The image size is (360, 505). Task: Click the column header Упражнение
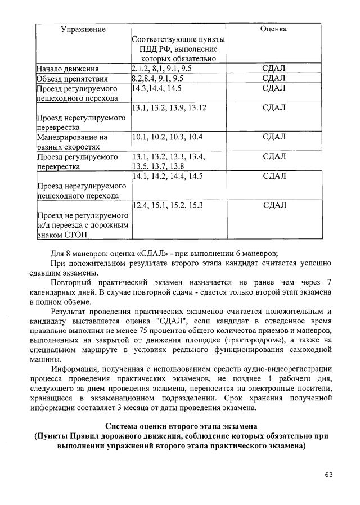[83, 29]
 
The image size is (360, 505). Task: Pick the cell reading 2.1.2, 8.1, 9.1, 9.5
[162, 69]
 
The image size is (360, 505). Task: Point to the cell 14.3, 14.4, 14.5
[157, 88]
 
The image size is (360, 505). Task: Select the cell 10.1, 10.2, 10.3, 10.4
[167, 137]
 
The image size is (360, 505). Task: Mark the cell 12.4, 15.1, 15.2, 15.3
[167, 205]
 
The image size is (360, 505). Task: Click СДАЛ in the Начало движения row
[274, 69]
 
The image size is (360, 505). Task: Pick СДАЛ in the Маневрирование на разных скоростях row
[274, 137]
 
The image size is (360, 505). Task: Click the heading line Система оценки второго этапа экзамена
[179, 425]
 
